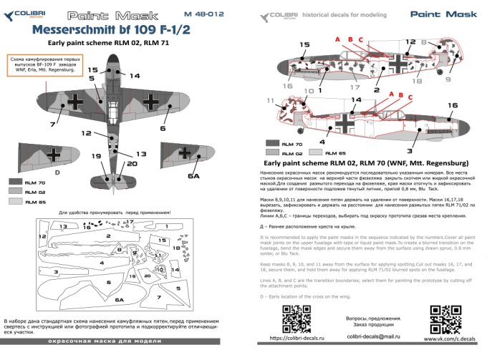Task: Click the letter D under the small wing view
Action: (x=57, y=172)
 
